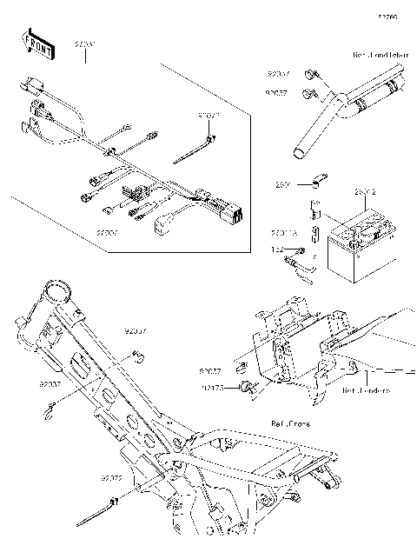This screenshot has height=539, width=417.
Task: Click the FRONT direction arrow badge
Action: (x=39, y=44)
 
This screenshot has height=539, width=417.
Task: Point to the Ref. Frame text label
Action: (x=290, y=424)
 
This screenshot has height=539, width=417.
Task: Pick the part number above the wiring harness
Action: (x=84, y=43)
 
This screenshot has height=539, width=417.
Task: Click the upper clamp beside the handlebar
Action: (x=310, y=75)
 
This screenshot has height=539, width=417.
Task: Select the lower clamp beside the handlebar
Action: (x=308, y=92)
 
